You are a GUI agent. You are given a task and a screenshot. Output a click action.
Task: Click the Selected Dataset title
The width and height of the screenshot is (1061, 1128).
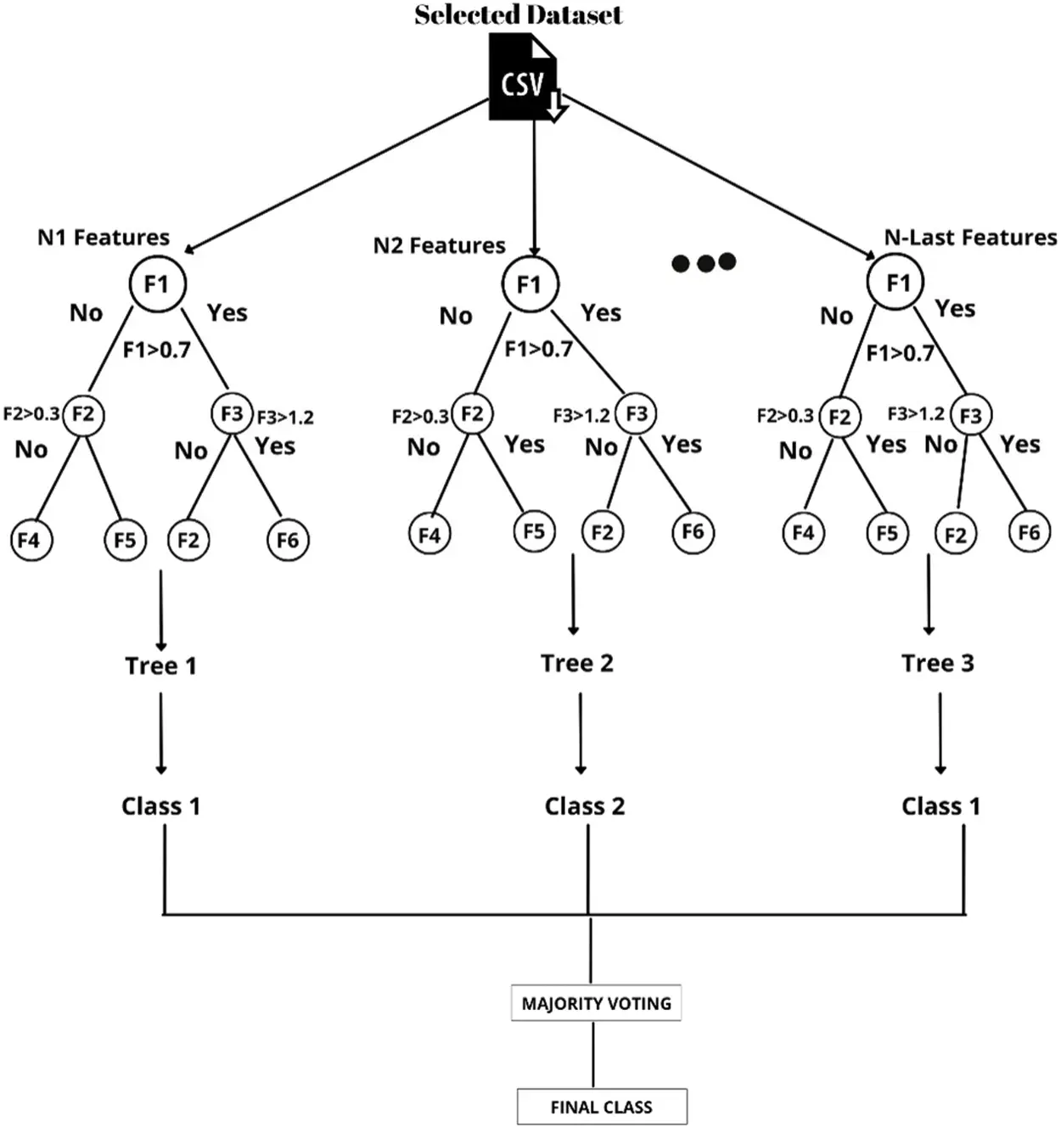(x=519, y=14)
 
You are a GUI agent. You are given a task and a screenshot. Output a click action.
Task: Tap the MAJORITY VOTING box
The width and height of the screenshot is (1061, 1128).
(x=596, y=1002)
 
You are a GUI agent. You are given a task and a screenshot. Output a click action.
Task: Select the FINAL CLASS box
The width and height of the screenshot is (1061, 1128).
(x=602, y=1107)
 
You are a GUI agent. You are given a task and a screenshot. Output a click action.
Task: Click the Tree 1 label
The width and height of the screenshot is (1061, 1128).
(x=160, y=665)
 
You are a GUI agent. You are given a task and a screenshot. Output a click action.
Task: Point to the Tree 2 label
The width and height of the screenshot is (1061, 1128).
(x=577, y=663)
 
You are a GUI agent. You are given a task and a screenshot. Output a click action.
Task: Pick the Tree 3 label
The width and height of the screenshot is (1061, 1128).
(x=938, y=663)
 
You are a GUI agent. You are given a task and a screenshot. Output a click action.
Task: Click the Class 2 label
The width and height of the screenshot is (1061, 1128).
(x=585, y=806)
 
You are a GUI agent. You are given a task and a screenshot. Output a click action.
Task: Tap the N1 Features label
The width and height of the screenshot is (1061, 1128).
(x=104, y=237)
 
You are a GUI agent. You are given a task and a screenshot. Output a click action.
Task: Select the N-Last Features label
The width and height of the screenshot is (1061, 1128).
(x=971, y=237)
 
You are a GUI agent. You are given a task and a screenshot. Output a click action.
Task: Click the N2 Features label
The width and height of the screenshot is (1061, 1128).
(x=440, y=245)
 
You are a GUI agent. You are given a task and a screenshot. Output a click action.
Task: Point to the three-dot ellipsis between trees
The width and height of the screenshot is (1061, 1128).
(x=704, y=262)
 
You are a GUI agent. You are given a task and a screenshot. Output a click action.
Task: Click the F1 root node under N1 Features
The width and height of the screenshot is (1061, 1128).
(x=157, y=284)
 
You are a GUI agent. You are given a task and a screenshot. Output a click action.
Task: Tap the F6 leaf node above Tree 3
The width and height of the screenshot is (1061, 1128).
(x=1030, y=532)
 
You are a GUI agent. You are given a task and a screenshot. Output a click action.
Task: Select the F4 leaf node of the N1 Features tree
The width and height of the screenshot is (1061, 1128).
(x=31, y=540)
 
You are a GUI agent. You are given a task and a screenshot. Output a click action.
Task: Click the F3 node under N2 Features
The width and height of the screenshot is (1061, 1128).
(x=636, y=413)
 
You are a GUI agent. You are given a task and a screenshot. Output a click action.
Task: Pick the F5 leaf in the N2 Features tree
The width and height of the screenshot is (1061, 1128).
(x=534, y=531)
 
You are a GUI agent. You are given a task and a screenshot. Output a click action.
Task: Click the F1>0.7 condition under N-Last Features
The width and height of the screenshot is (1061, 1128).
(x=900, y=353)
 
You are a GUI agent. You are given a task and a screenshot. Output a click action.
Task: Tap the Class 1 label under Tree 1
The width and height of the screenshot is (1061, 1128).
(x=160, y=806)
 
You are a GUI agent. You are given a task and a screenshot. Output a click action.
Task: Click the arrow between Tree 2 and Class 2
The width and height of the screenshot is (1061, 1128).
(x=581, y=733)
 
